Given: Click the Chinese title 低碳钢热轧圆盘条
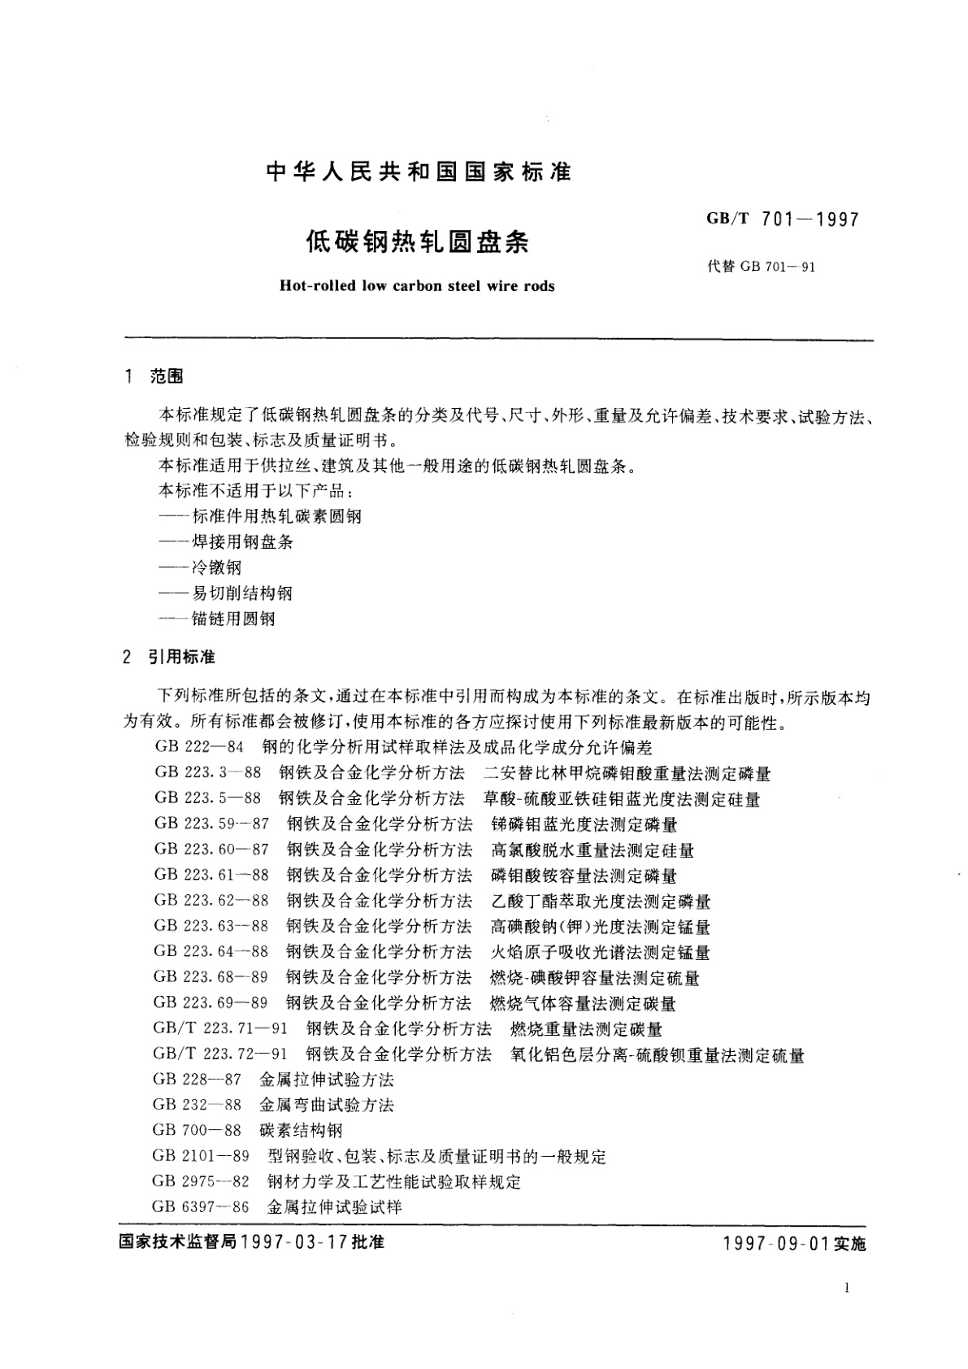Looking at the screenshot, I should [416, 242].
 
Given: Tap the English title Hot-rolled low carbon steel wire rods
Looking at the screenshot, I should [416, 286].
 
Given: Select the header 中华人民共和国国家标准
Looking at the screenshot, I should [419, 172].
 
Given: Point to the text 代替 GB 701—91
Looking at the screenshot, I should [762, 267].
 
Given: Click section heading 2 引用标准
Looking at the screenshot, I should [169, 657].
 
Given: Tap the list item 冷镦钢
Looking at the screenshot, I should [217, 567].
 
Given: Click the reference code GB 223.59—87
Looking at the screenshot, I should [211, 824].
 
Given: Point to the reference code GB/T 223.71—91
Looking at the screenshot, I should [219, 1029].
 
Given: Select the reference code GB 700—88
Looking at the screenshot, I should [197, 1131].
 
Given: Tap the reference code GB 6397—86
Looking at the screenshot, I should [200, 1207].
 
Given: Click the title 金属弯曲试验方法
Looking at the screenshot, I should [327, 1106].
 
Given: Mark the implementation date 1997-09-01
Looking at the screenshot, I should [777, 1245].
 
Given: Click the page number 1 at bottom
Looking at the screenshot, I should [847, 1288].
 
